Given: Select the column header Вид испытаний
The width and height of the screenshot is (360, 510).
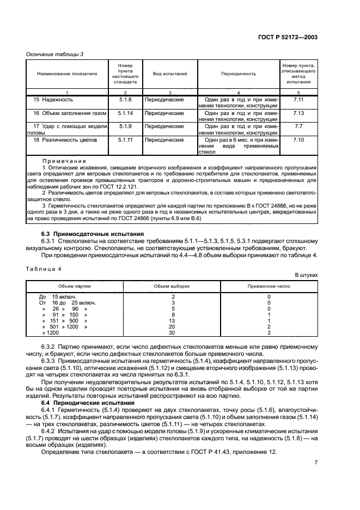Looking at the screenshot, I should [x=169, y=72].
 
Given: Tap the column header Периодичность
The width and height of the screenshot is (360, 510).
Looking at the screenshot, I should [x=239, y=72].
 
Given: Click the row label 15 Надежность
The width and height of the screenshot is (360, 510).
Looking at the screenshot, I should [x=53, y=100].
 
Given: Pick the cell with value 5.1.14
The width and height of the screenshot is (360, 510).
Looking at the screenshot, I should [x=125, y=113].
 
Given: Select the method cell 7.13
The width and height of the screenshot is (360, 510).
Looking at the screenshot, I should [x=298, y=113].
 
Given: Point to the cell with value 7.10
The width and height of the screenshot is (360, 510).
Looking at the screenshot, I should [x=298, y=140].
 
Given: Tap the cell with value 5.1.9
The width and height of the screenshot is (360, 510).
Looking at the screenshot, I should [x=125, y=126].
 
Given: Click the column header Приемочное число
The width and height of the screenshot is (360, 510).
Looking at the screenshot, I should [x=269, y=285].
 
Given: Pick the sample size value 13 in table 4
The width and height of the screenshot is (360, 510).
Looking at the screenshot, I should [x=173, y=321].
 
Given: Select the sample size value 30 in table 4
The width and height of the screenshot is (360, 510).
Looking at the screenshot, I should [x=173, y=332].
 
